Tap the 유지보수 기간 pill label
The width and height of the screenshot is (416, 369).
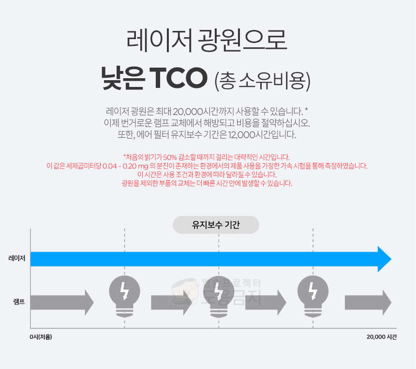click(x=216, y=225)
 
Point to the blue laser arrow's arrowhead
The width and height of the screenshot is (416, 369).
click(x=384, y=259)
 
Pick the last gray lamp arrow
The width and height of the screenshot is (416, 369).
click(x=368, y=303)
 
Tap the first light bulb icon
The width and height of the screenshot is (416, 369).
click(x=124, y=295)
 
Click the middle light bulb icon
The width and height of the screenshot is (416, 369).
click(x=219, y=295)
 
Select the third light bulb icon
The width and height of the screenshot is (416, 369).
click(x=312, y=295)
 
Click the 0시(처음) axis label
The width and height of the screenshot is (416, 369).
click(x=41, y=337)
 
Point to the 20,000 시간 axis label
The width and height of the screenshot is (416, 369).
click(x=381, y=337)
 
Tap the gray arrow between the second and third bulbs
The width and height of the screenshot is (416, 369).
click(x=266, y=303)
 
